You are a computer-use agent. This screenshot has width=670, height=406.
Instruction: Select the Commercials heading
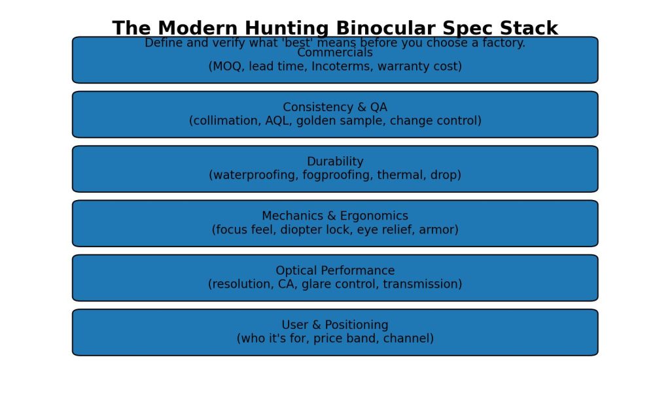(335, 53)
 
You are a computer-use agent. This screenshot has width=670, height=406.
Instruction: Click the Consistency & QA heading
(335, 107)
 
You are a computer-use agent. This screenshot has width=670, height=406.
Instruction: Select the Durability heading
(335, 161)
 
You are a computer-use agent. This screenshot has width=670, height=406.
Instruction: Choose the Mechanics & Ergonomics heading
(335, 216)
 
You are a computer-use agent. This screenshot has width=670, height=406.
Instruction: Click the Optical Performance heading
(335, 271)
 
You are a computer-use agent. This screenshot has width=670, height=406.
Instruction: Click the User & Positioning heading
(335, 325)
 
